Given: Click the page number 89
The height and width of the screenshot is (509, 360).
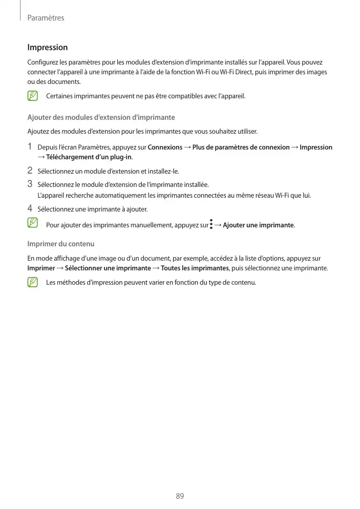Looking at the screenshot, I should click(180, 496).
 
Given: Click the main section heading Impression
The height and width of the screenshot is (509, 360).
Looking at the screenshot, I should click(47, 48).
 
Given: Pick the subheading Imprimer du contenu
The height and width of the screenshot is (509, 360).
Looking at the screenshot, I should click(60, 243).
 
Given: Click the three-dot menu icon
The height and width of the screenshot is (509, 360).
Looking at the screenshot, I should click(211, 224).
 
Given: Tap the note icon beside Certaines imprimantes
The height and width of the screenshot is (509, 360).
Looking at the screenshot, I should click(33, 96).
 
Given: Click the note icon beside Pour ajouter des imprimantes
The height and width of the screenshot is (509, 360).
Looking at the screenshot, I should click(33, 223).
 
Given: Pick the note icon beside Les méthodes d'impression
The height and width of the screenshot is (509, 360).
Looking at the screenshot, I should click(33, 282).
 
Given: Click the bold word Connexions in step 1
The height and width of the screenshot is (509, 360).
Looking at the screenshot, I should click(165, 147).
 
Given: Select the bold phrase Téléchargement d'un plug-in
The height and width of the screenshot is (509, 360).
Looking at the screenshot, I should click(89, 157).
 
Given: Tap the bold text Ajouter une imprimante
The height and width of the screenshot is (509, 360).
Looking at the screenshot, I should click(258, 225).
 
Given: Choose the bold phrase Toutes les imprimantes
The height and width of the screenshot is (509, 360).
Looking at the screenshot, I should click(195, 268).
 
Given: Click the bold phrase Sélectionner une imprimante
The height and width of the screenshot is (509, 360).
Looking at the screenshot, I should click(108, 268).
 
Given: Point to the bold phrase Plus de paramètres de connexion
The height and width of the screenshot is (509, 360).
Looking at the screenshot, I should click(241, 147).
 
